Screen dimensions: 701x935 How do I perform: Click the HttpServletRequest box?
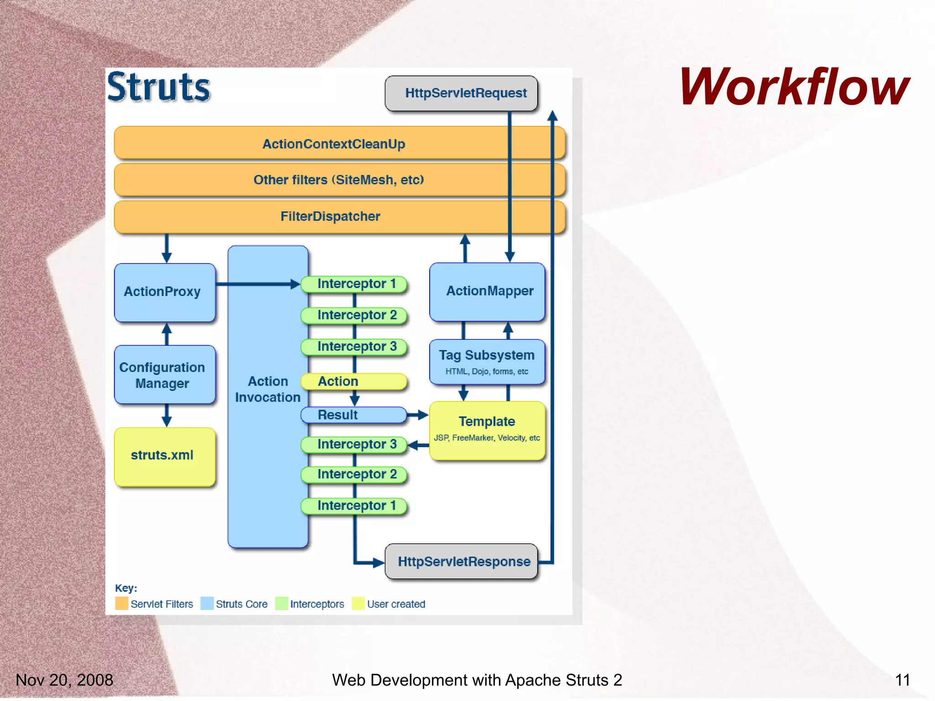click(x=461, y=93)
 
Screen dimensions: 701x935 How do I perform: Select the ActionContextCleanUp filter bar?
click(x=334, y=144)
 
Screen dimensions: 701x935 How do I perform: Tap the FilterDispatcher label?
click(x=330, y=216)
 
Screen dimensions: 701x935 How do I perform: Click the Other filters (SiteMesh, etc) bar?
click(x=339, y=180)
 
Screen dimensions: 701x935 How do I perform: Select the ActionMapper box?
click(x=487, y=291)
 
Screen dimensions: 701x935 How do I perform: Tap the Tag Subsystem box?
click(x=487, y=362)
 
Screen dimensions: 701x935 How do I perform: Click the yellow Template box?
click(x=487, y=429)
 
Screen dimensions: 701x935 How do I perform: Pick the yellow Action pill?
click(x=354, y=381)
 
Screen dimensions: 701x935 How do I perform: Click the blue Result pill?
click(x=354, y=415)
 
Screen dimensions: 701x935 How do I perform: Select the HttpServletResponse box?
click(x=461, y=561)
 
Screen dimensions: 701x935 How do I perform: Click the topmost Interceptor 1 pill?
click(x=354, y=284)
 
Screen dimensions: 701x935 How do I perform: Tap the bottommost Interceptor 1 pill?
click(x=354, y=506)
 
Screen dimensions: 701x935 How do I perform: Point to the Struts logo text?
click(x=159, y=87)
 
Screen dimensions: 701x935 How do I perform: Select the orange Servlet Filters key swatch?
click(x=121, y=603)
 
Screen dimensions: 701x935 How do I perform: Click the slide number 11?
click(x=902, y=680)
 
